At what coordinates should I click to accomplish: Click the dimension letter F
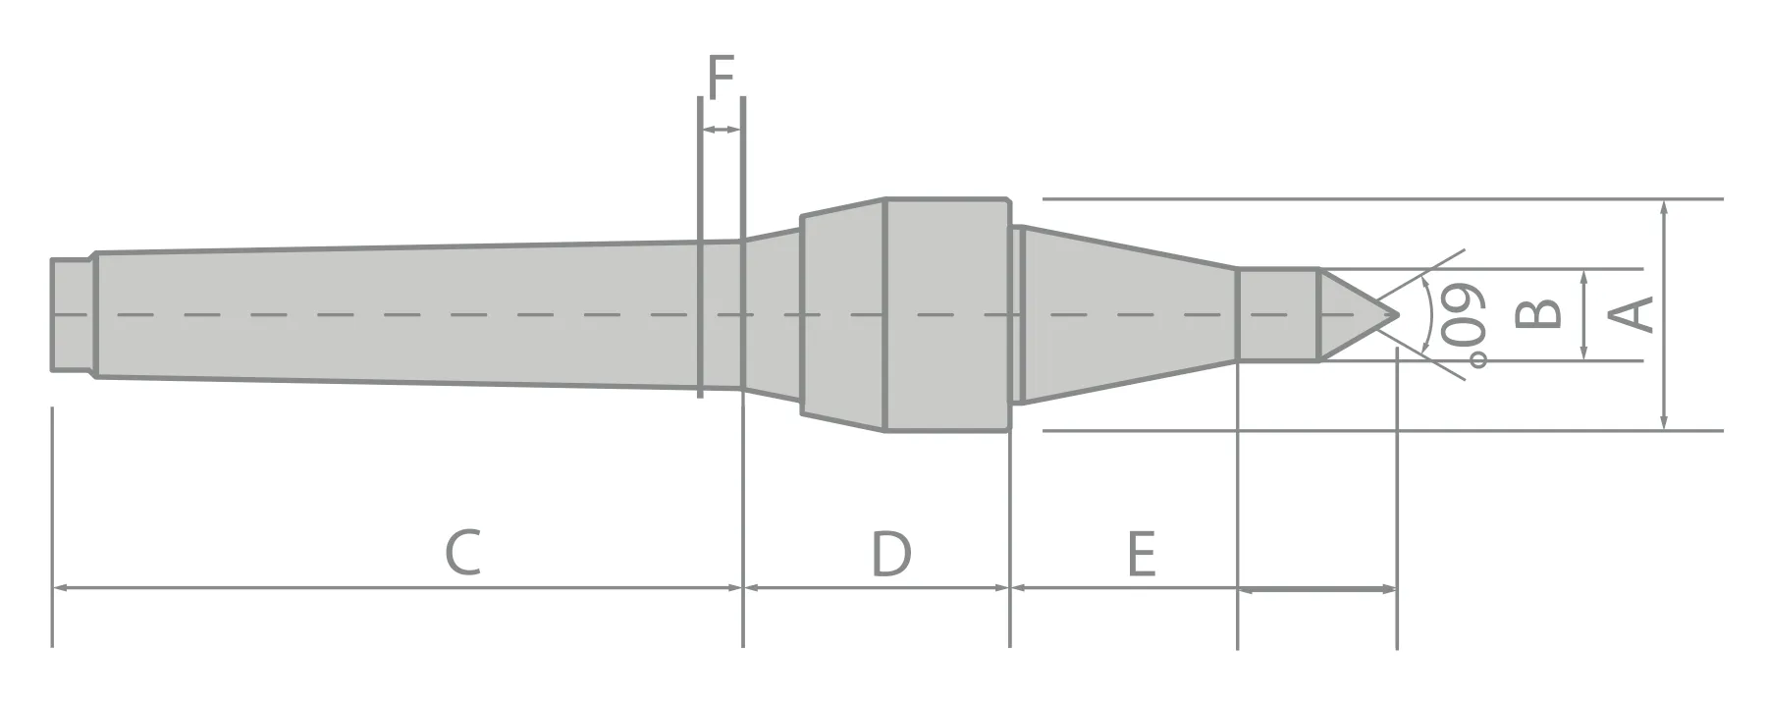point(721,79)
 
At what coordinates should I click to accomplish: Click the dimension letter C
point(462,553)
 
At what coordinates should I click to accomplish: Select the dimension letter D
point(890,553)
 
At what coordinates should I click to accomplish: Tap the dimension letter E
point(1141,553)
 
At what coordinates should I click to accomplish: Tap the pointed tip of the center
point(1395,315)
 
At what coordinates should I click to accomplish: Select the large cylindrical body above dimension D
point(946,314)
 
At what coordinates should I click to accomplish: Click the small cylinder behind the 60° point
point(1276,314)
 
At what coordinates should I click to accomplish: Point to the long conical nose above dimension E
point(1129,314)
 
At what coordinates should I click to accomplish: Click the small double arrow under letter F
point(721,130)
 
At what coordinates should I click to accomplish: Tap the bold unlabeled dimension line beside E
point(1315,589)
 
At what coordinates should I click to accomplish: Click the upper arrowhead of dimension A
point(1664,206)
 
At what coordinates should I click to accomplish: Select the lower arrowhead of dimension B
point(1585,354)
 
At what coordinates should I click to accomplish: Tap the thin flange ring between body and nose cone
point(1018,314)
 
